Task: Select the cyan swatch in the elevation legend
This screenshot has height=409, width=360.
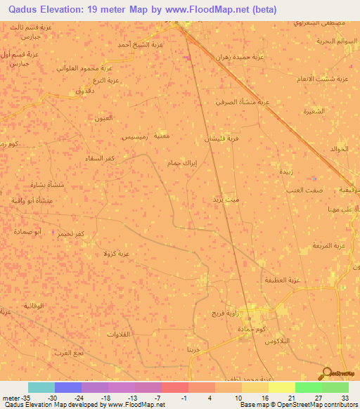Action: [x=41, y=387]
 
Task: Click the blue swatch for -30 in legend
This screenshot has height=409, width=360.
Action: [x=68, y=387]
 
